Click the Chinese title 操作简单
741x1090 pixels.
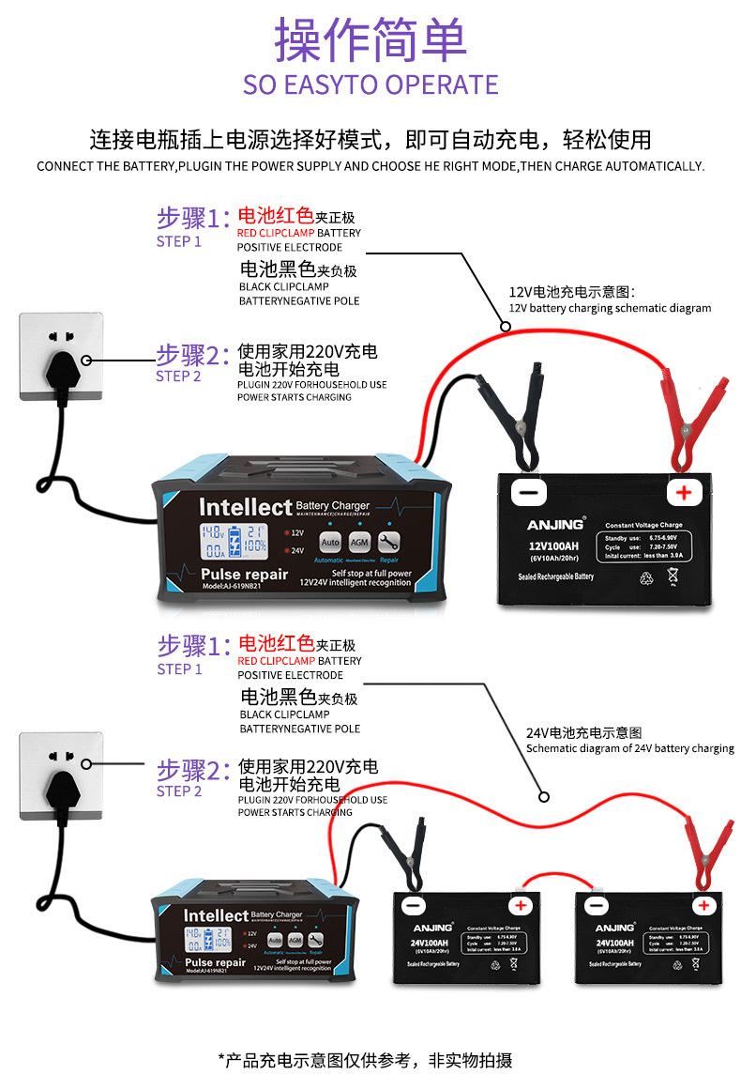[370, 38]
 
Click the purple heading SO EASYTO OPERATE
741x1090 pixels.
[370, 84]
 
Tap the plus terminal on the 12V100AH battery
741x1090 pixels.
[684, 492]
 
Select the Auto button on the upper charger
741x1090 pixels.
[330, 542]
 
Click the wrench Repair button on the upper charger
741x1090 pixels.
[388, 542]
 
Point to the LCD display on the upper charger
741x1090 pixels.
[232, 542]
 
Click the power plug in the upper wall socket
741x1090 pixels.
[56, 361]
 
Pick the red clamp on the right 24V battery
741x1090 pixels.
[709, 849]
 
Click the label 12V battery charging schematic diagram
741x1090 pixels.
[609, 308]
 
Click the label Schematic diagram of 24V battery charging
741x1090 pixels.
[629, 748]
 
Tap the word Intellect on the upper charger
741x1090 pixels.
[246, 507]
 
